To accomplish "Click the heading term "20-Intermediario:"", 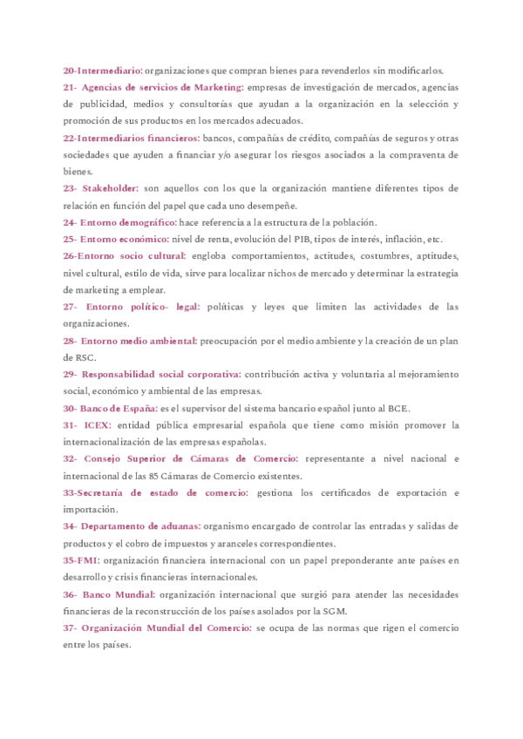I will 103,71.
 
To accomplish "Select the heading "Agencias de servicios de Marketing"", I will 163,87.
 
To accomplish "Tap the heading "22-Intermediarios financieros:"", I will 132,138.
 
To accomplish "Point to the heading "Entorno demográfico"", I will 129,222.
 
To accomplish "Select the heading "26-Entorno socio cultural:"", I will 125,256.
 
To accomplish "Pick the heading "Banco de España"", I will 112,408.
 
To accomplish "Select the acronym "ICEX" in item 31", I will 98,425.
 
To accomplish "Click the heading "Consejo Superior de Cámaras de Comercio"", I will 191,458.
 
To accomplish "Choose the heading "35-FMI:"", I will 81,560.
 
